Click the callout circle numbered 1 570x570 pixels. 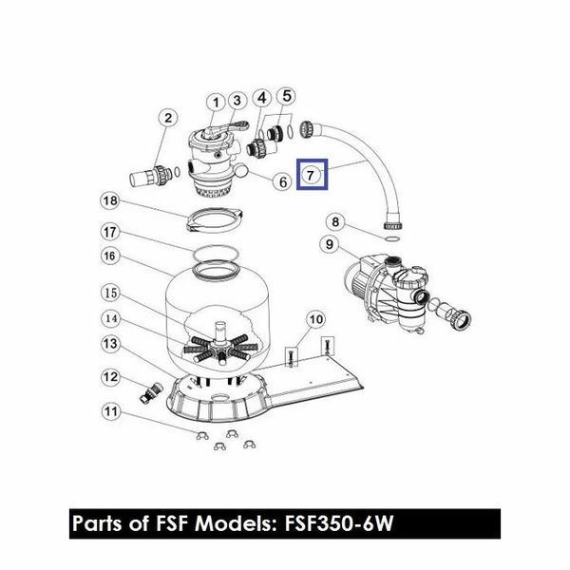217,103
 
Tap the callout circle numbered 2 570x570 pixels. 168,118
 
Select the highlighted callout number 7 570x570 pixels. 311,175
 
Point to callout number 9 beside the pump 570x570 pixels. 330,244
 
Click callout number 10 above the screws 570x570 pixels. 315,319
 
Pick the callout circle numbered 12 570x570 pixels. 110,377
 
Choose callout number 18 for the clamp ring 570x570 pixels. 110,200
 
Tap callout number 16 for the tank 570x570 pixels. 110,256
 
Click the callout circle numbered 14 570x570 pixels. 110,319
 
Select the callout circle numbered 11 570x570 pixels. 110,411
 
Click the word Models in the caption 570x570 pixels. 233,523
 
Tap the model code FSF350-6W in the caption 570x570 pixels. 339,523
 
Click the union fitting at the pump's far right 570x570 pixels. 460,319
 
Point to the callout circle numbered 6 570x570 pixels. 283,181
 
